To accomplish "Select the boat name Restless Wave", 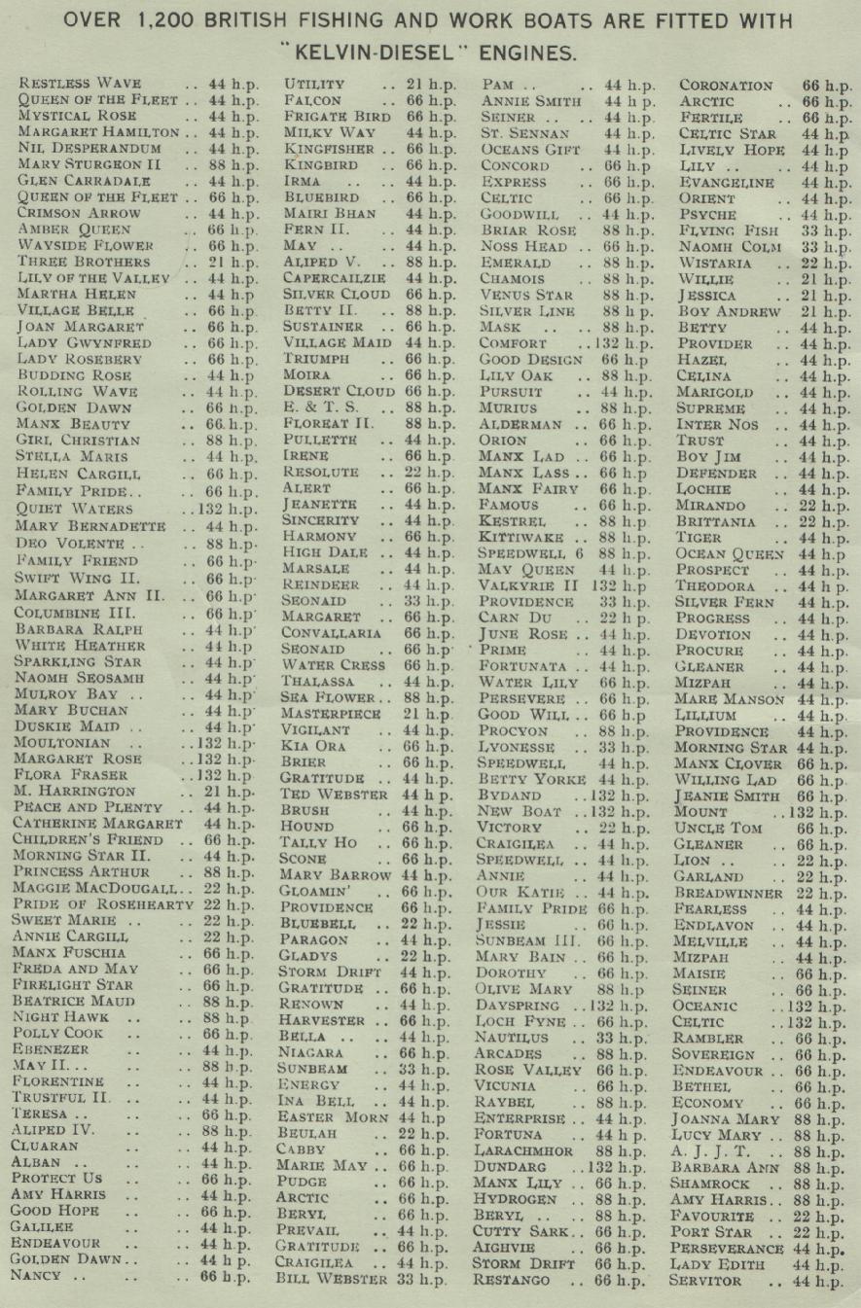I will point(81,84).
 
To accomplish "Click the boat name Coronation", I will point(726,85).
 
